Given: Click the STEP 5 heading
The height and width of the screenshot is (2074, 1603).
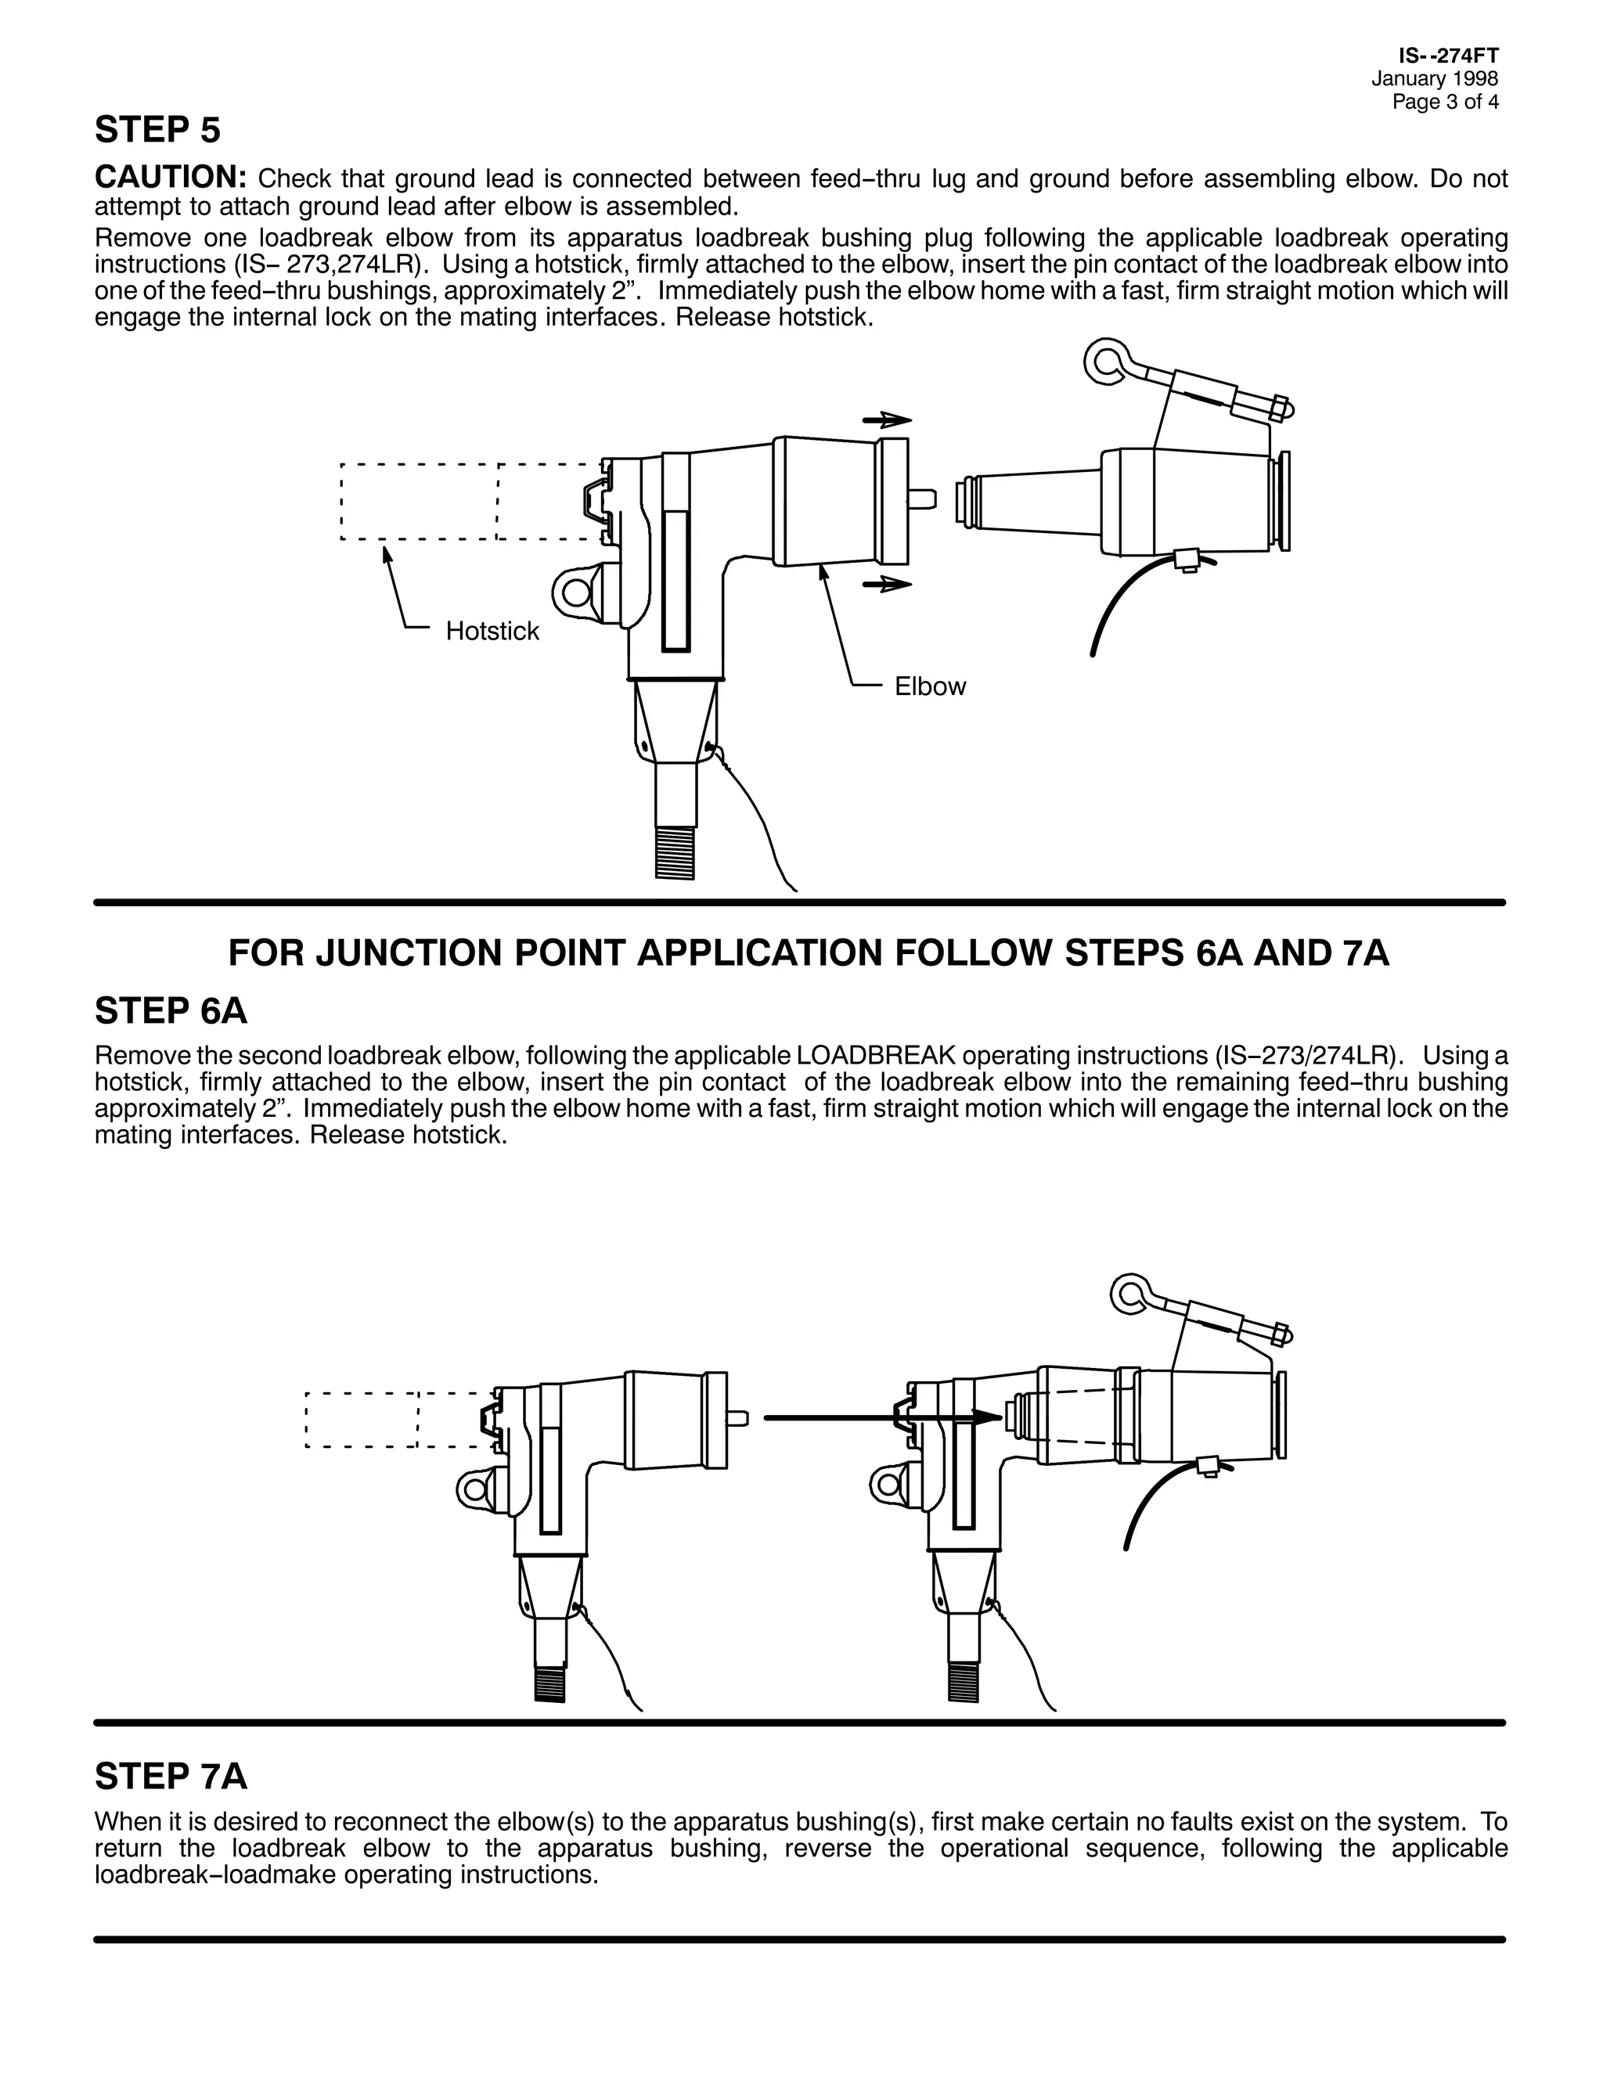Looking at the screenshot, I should [157, 130].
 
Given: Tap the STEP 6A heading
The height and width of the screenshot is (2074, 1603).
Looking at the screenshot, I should [171, 1011].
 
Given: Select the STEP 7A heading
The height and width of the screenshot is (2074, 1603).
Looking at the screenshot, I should [171, 1776].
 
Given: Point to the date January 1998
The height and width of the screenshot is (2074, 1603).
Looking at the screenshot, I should [1434, 80].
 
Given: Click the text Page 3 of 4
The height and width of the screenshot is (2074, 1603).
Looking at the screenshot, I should [1446, 102].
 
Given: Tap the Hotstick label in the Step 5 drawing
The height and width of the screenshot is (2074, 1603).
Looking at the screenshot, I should [492, 632].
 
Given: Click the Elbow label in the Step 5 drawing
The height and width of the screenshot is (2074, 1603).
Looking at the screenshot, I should [930, 686].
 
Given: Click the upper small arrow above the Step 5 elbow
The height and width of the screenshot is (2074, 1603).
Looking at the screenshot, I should [886, 419].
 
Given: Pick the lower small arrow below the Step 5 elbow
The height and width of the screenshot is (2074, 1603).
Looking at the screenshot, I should [886, 584].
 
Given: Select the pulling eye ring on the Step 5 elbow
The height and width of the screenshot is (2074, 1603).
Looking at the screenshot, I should [575, 592].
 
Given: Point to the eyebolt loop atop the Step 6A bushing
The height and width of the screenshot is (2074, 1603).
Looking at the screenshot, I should [1131, 1292].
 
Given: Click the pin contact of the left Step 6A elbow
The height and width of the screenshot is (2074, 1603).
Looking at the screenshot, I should [738, 1419].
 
